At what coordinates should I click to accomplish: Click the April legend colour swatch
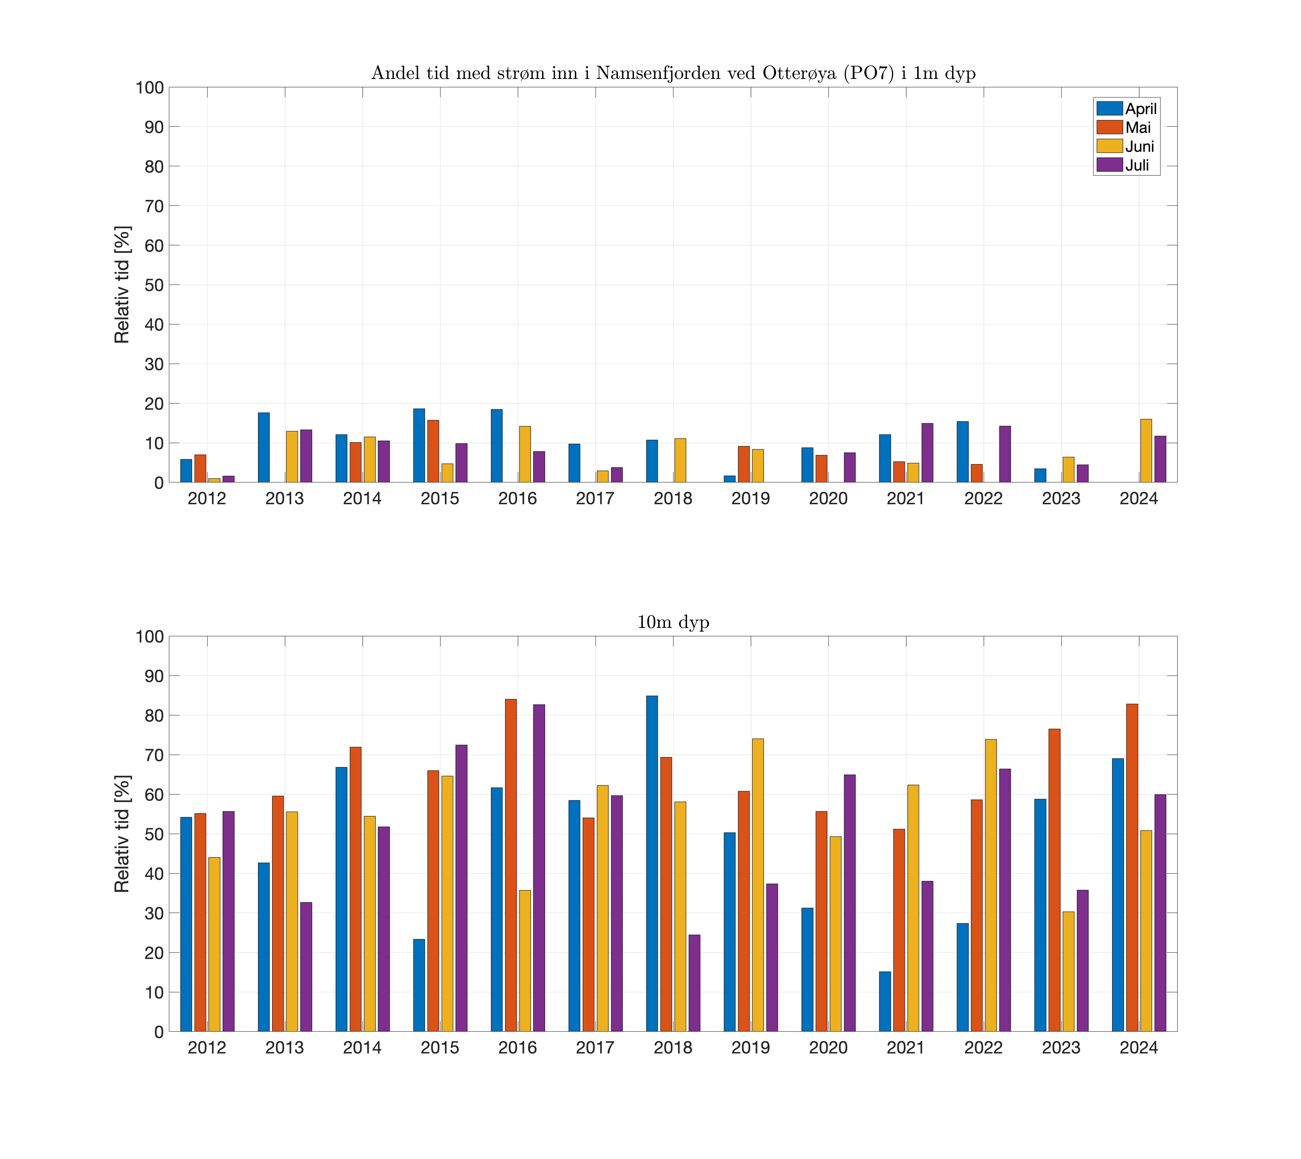tap(1109, 108)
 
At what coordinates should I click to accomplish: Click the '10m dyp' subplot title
tap(673, 622)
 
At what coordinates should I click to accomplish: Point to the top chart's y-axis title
tap(122, 285)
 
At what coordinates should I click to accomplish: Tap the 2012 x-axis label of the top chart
tap(207, 499)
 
